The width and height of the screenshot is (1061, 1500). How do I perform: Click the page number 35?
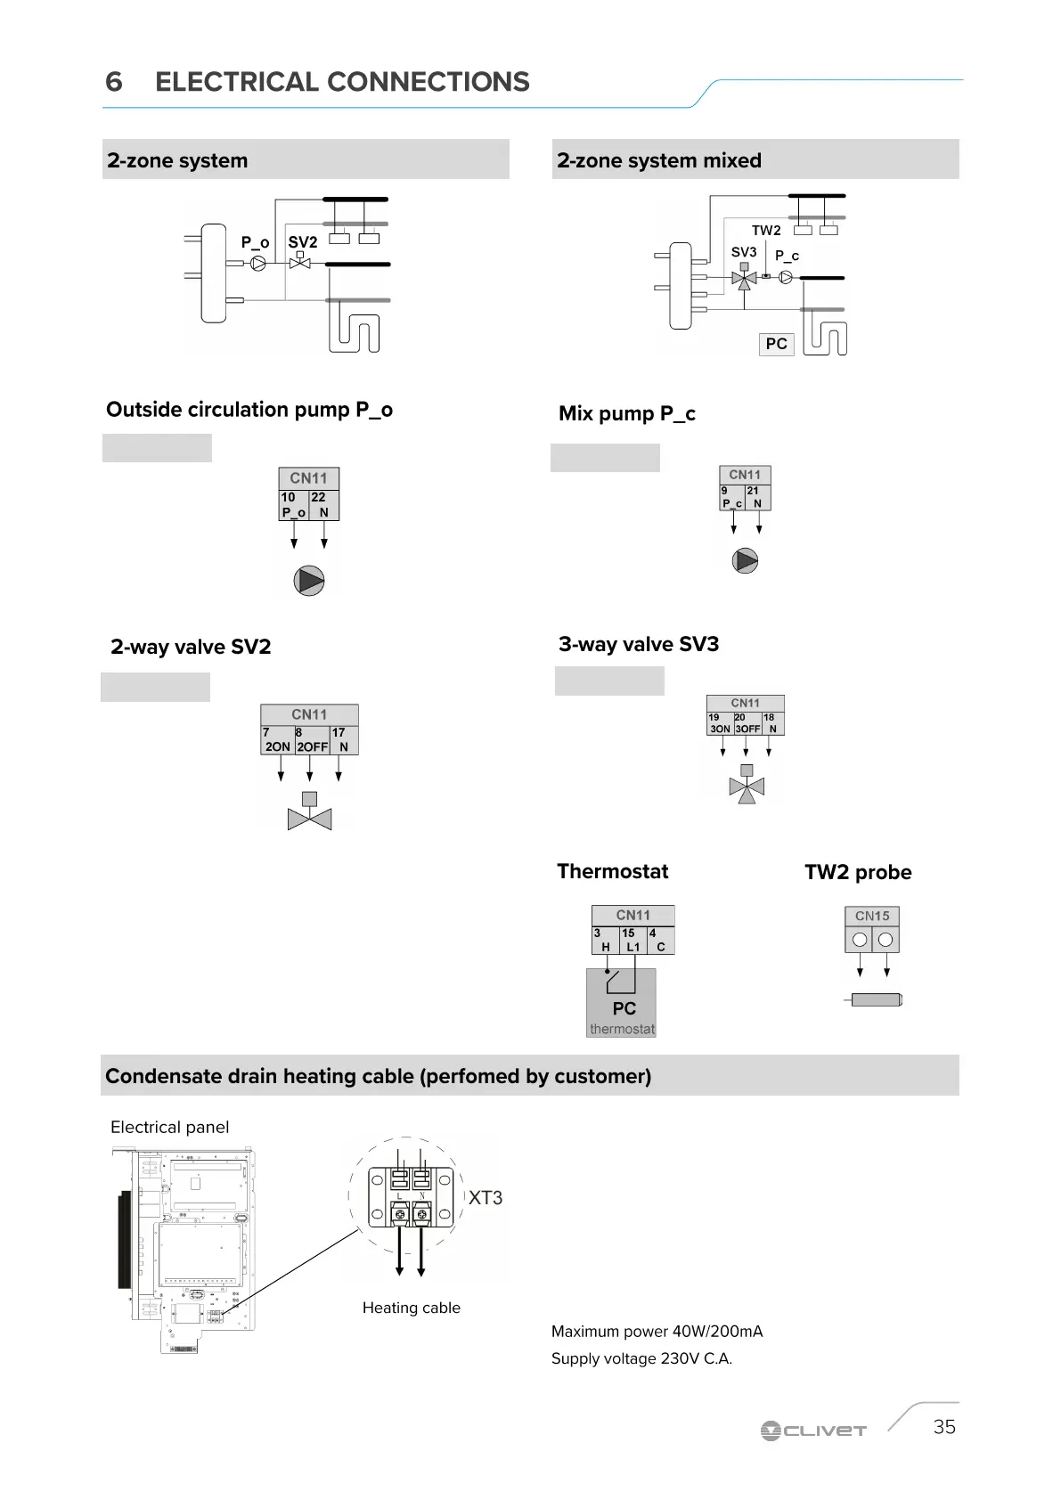coord(944,1427)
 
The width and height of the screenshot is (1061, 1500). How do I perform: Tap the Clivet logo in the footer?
coord(813,1431)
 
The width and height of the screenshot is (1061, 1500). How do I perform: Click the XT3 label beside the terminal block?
coord(486,1198)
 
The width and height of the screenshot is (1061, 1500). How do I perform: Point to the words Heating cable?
coord(411,1308)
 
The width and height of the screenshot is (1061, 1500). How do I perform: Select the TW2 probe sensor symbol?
coord(876,1000)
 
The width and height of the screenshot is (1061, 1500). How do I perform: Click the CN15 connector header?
coord(872,916)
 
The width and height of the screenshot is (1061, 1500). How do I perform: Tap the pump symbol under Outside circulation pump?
coord(309,581)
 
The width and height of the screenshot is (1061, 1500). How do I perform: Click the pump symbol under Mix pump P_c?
coord(745,560)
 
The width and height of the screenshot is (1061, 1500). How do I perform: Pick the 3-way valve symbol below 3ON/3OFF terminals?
coord(747,786)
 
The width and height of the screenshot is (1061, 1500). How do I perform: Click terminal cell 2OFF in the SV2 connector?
coord(312,741)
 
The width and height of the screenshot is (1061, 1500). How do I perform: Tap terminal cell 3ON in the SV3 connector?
coord(720,723)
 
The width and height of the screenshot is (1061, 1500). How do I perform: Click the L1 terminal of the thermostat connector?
coord(633,942)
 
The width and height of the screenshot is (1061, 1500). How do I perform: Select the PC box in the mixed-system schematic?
coord(776,344)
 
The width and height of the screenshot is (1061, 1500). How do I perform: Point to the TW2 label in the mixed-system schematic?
coord(766,231)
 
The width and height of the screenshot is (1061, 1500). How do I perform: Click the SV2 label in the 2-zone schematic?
coord(303,242)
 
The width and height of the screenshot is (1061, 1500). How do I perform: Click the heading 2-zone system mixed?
coord(659,160)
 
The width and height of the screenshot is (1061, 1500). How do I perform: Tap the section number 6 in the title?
coord(114,82)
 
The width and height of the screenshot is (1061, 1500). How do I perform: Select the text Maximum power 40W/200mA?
coord(657,1332)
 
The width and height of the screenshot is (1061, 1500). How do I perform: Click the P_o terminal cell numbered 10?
coord(293,505)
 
